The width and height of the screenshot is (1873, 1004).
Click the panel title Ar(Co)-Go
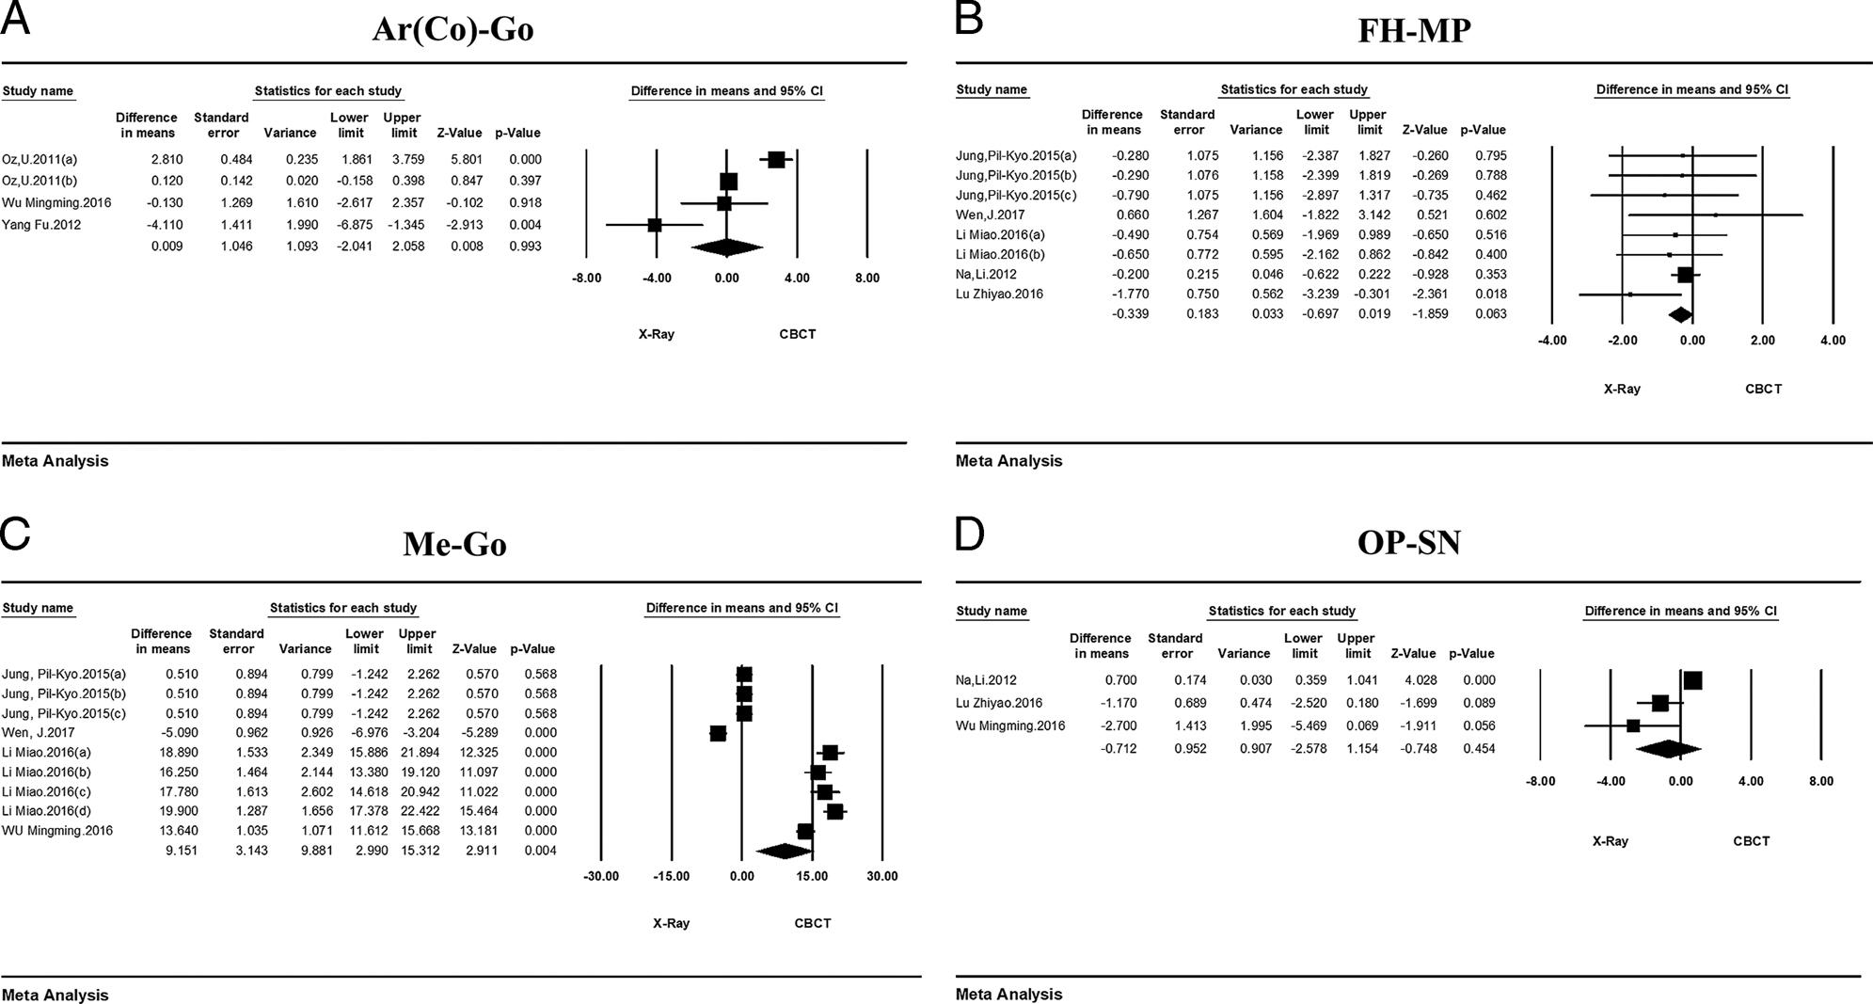(x=452, y=29)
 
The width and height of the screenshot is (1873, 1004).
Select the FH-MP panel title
(x=1414, y=30)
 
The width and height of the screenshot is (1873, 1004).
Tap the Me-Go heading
(x=454, y=544)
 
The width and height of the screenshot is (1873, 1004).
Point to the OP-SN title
(x=1408, y=542)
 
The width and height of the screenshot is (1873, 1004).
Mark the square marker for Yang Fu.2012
(x=655, y=225)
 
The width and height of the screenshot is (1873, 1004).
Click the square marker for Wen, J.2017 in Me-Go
(x=718, y=733)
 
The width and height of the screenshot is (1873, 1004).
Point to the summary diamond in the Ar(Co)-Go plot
(x=726, y=247)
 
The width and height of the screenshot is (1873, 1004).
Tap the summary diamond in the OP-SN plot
(x=1668, y=749)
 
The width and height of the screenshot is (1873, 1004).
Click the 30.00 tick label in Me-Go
(x=881, y=876)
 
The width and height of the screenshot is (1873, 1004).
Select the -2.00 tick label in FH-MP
(x=1622, y=341)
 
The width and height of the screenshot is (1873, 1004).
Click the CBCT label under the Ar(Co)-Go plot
(x=797, y=334)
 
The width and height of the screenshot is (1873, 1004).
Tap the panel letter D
(x=969, y=534)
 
